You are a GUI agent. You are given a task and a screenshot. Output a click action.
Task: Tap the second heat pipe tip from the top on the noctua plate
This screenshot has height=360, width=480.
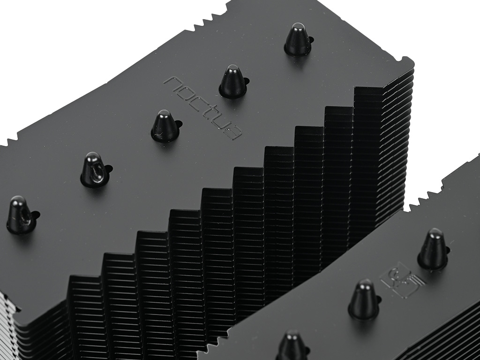pos(233,81)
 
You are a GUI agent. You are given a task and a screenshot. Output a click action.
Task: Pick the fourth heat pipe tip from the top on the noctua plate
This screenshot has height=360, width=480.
pos(95,169)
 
